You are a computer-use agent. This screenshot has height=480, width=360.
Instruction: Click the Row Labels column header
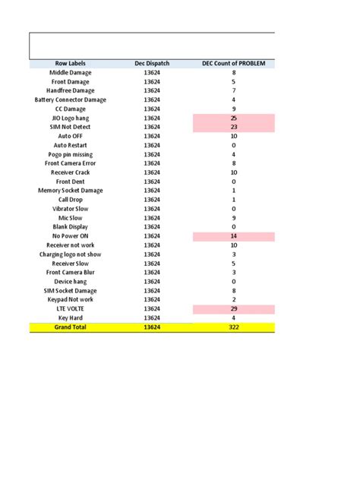(70, 63)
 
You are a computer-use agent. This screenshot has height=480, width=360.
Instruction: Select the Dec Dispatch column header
(151, 63)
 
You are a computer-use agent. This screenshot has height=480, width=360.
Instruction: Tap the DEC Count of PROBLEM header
(233, 63)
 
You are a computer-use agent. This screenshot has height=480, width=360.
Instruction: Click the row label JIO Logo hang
(70, 118)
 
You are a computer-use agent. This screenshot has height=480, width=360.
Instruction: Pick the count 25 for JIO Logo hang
(233, 118)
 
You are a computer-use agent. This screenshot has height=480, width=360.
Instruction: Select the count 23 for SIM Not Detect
(233, 127)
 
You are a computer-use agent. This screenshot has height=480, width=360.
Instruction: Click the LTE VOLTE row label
(70, 309)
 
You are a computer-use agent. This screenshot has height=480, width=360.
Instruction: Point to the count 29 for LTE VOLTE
(233, 309)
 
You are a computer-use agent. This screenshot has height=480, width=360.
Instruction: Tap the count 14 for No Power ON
(233, 236)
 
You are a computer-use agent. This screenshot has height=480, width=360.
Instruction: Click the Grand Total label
(70, 327)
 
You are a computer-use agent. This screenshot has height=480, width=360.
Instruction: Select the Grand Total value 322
(233, 327)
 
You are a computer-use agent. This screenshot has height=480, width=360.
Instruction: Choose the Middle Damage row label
(70, 72)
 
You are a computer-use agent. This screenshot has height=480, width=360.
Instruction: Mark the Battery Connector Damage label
(70, 99)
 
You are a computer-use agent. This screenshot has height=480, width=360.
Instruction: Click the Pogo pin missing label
(70, 154)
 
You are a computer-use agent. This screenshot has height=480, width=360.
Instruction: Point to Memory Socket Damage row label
(70, 191)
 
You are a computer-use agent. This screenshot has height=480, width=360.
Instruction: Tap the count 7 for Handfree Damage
(233, 90)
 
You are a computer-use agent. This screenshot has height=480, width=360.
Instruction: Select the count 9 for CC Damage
(233, 109)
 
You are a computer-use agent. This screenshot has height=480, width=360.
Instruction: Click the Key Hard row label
(70, 318)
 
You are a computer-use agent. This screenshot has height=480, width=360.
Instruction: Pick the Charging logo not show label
(70, 254)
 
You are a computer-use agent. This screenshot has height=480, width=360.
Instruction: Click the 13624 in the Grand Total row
(151, 327)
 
